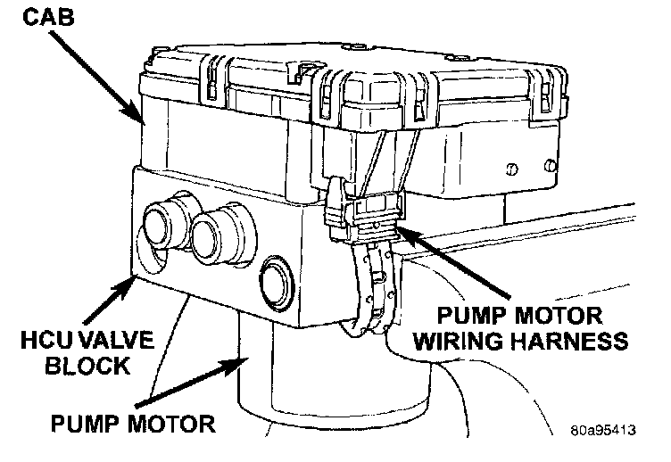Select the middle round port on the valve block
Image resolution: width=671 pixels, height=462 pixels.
[215, 237]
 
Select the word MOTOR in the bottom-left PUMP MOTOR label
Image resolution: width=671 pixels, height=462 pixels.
[171, 420]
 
